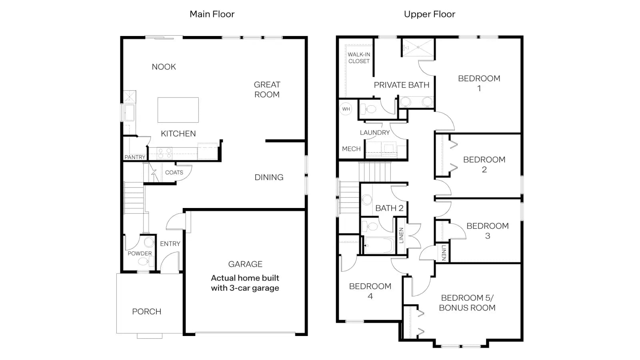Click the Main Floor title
tap(212, 14)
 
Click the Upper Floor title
tap(430, 14)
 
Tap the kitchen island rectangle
tap(178, 110)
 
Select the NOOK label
tap(164, 67)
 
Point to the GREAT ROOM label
tap(267, 90)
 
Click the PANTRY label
tap(135, 157)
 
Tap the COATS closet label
tap(174, 172)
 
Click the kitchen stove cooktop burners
tap(164, 153)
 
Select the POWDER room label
tap(140, 254)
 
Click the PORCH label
tap(146, 312)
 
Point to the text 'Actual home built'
tap(245, 278)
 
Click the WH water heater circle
tap(346, 109)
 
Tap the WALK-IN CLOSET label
tap(359, 58)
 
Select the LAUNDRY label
tap(374, 132)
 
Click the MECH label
tap(352, 149)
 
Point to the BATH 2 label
tap(389, 208)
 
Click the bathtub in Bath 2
tap(379, 246)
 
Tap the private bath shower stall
tap(418, 48)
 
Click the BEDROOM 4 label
tap(370, 291)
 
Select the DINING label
tap(269, 178)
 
